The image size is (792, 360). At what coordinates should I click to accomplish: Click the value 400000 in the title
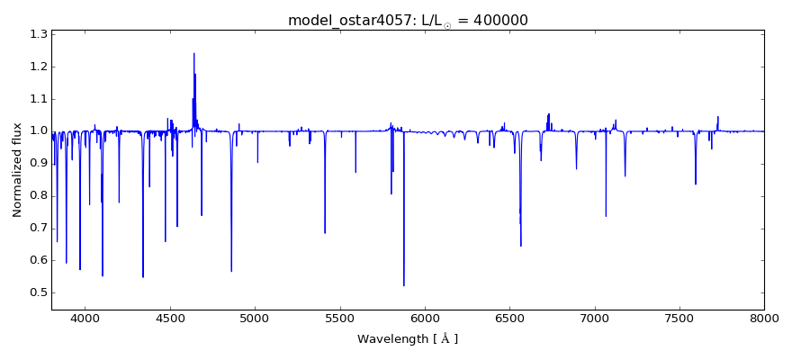[498, 20]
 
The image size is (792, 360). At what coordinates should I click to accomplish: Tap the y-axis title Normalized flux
[17, 169]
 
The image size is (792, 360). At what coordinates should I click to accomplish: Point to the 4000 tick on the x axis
[85, 318]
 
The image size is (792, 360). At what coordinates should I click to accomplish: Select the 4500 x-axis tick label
[170, 318]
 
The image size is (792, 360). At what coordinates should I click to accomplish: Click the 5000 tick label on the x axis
[255, 318]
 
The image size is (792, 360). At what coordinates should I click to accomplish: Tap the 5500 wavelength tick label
[340, 318]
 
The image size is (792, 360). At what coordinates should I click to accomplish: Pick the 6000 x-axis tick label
[425, 318]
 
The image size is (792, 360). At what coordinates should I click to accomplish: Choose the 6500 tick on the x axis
[509, 318]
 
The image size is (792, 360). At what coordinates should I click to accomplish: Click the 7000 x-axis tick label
[595, 318]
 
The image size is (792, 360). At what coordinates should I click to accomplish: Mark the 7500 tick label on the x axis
[679, 318]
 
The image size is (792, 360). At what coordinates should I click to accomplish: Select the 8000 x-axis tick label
[764, 318]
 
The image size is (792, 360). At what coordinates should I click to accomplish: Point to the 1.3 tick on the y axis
[38, 34]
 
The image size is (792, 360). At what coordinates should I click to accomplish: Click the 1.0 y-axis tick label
[38, 131]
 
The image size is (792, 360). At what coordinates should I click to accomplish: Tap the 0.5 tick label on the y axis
[38, 292]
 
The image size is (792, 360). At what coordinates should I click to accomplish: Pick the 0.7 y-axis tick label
[38, 228]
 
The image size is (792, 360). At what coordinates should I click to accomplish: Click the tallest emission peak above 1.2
[193, 53]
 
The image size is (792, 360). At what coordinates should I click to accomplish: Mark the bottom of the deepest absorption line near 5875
[404, 285]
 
